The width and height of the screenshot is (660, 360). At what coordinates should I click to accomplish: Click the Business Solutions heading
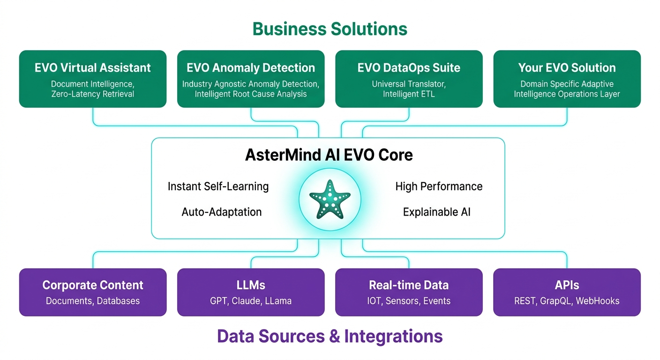330,29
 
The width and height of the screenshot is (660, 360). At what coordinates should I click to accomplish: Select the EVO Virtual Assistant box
93,79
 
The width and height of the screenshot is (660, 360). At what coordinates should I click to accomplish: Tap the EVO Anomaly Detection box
251,79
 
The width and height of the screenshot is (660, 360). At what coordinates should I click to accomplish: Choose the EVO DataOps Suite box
409,79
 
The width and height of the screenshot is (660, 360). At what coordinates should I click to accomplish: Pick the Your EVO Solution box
567,79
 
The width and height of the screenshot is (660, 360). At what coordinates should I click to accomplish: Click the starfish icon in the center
330,199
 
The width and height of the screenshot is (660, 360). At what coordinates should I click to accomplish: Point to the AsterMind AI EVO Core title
329,155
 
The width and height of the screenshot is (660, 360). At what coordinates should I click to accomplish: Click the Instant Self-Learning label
218,186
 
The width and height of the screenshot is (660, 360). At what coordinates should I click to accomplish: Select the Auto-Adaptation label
221,212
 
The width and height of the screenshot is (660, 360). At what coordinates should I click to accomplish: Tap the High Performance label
439,186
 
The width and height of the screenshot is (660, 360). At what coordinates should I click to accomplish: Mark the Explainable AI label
436,212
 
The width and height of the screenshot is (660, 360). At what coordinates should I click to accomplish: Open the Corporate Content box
93,292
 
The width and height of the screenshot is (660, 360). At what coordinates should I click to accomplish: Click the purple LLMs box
251,292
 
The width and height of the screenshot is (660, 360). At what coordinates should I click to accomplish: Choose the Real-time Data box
409,292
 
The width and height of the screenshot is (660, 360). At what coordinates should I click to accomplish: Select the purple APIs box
567,292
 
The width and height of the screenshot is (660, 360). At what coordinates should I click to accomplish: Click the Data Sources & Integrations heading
330,336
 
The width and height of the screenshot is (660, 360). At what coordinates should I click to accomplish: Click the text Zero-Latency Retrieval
93,94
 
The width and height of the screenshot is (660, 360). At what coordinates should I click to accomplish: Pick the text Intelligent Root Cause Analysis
251,94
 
